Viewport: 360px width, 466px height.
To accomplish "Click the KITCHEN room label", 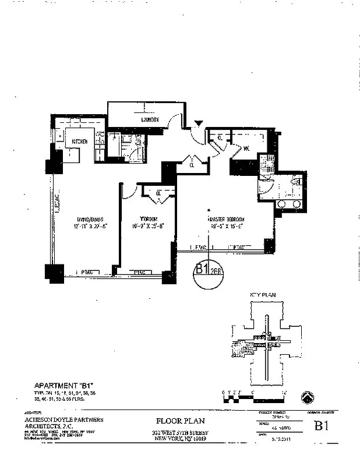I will (x=80, y=142).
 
